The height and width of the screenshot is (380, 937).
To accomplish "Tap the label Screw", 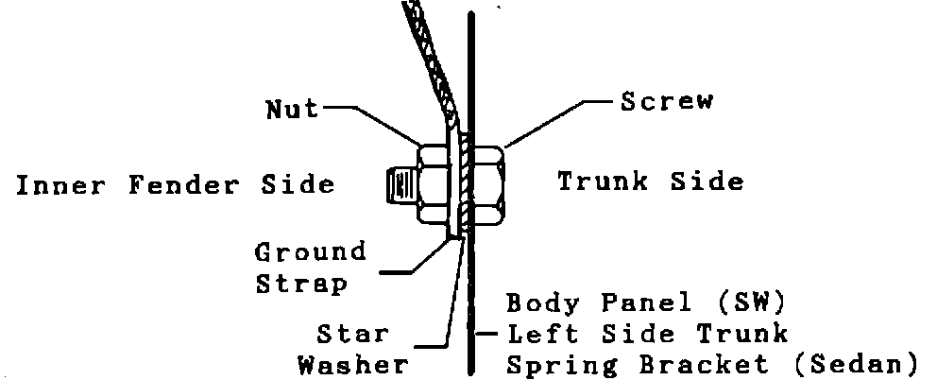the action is (666, 101).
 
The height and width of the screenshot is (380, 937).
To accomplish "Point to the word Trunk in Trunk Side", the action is (604, 181).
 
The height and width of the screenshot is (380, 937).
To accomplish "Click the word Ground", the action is (311, 253).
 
